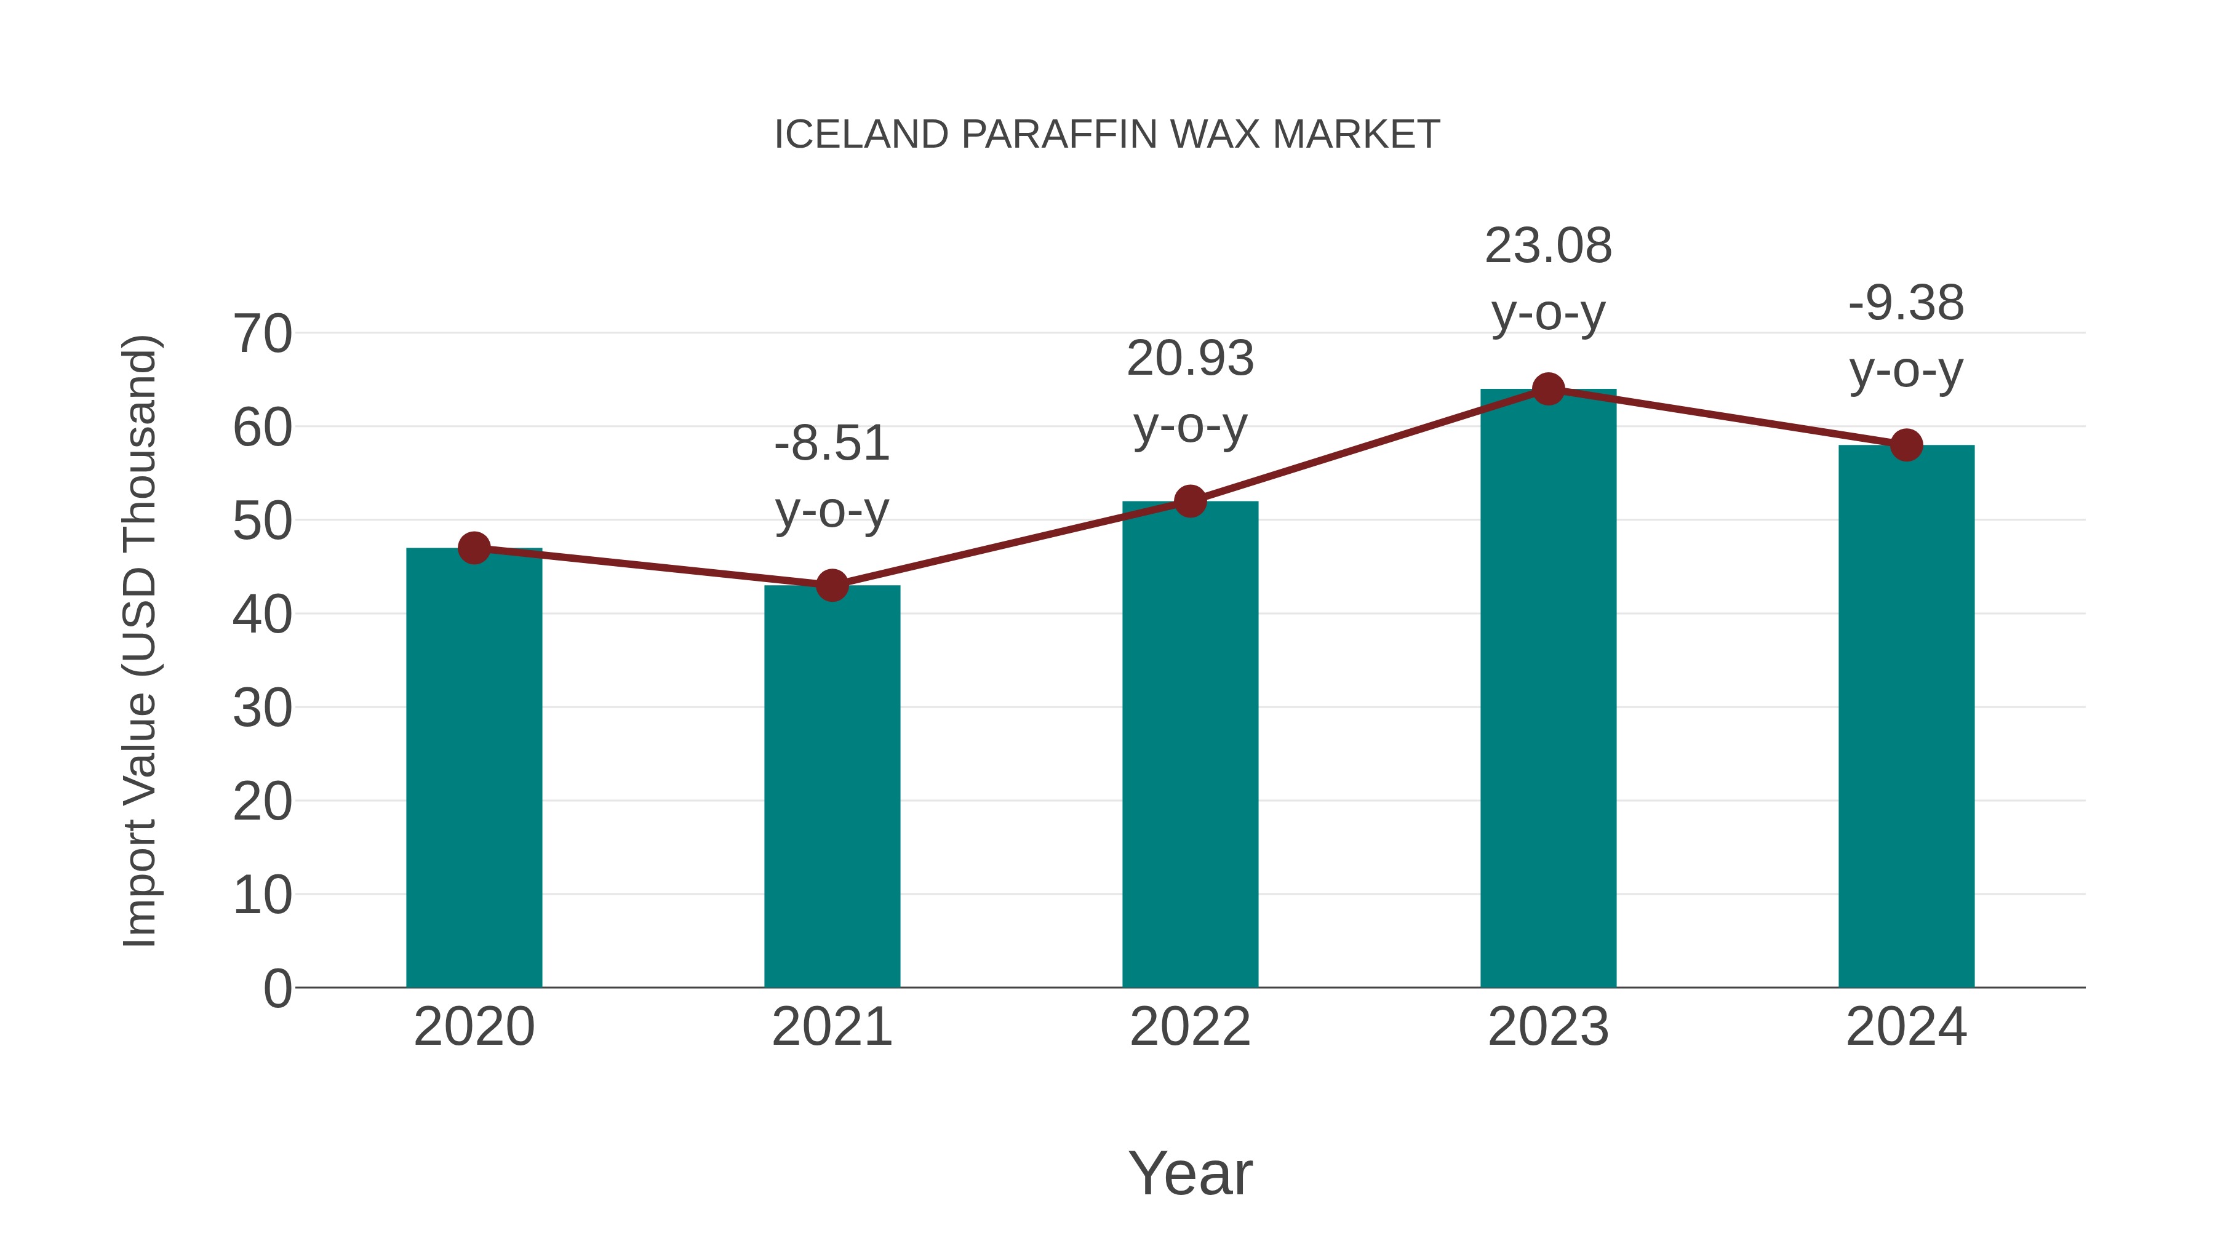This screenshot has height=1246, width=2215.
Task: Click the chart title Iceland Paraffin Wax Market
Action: (x=1107, y=135)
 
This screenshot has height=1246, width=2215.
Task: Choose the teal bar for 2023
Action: (x=1548, y=688)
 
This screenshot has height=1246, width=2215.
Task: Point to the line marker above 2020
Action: (x=474, y=548)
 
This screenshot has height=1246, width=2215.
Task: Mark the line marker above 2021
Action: (x=831, y=586)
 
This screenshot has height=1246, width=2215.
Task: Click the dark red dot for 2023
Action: (x=1548, y=389)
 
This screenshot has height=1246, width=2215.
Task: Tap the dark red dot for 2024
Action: (x=1906, y=445)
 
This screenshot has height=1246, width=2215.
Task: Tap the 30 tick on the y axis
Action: (x=262, y=709)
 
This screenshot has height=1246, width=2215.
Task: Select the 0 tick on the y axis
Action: (x=277, y=988)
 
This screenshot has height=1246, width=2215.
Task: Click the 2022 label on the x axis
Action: (x=1190, y=1027)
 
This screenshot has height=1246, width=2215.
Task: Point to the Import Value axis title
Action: (x=139, y=641)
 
